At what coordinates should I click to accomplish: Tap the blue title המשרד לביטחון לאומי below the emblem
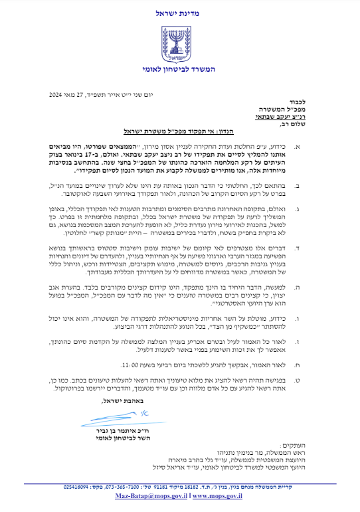tap(180, 69)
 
